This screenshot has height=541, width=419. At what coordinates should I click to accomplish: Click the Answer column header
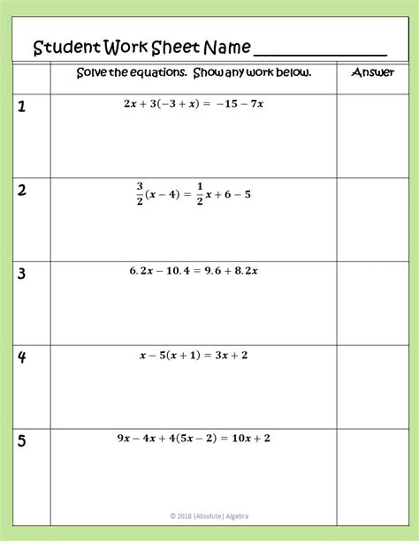(x=372, y=72)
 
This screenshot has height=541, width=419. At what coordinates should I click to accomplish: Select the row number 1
(x=21, y=108)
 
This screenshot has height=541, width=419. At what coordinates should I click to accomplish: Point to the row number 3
(x=21, y=274)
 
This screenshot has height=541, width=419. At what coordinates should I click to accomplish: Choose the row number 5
(x=21, y=441)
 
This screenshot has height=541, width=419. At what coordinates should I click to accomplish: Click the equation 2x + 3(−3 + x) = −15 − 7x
(x=194, y=103)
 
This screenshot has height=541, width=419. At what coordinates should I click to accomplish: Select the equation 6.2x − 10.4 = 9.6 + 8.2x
(x=194, y=271)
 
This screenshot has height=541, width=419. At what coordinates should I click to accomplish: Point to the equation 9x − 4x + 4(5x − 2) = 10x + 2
(x=194, y=437)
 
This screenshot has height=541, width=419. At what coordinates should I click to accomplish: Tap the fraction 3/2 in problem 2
(x=139, y=192)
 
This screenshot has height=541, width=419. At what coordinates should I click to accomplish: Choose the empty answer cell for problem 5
(x=372, y=468)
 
